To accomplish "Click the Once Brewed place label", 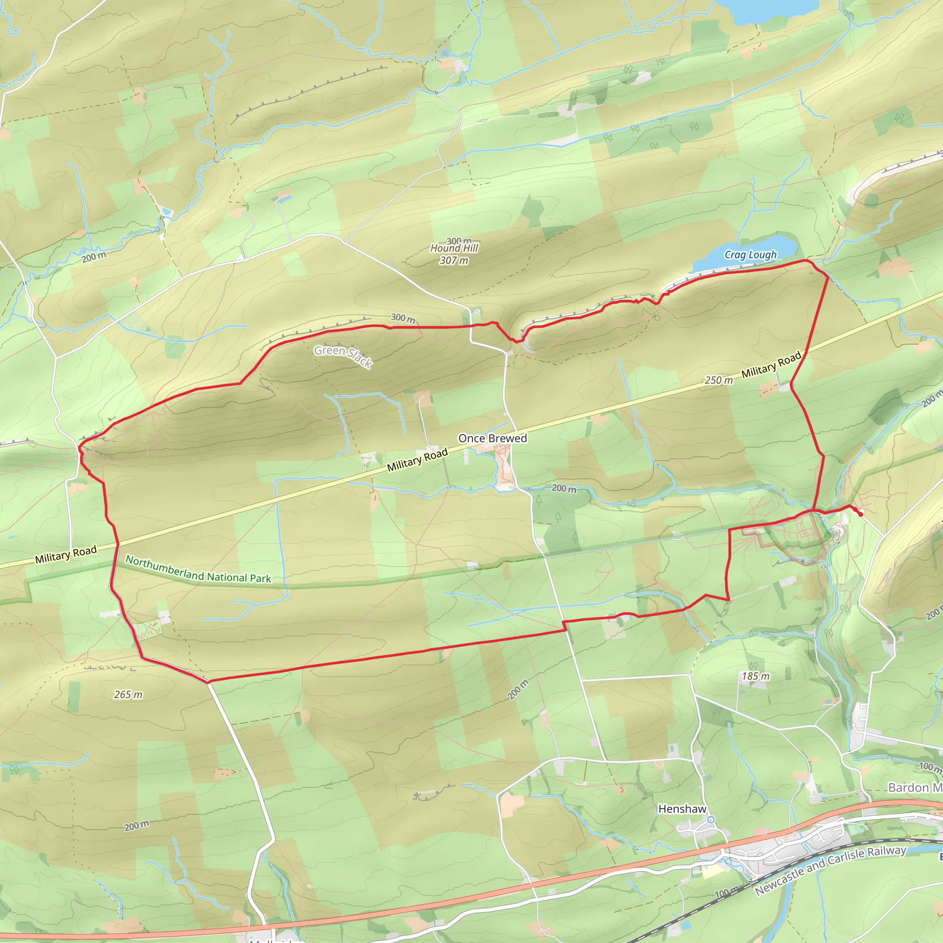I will click(x=493, y=438).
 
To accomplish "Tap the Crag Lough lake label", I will click(x=750, y=254).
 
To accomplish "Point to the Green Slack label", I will click(x=343, y=356).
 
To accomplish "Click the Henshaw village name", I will click(x=682, y=809).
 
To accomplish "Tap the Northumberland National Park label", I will click(x=198, y=569).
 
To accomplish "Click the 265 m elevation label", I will click(x=128, y=694).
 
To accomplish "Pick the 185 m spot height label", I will click(x=756, y=676).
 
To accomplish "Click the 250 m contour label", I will click(x=718, y=380).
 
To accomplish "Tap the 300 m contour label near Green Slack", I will click(x=403, y=318).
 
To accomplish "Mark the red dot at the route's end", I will click(x=860, y=514).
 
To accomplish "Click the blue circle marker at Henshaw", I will click(x=711, y=820).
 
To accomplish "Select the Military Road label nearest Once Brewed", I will click(x=417, y=460).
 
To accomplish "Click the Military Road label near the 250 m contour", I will click(x=771, y=364).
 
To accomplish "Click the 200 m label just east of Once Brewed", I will click(x=564, y=488).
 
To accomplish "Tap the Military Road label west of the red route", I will click(x=66, y=554).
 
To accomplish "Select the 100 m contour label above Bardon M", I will click(x=929, y=767).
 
